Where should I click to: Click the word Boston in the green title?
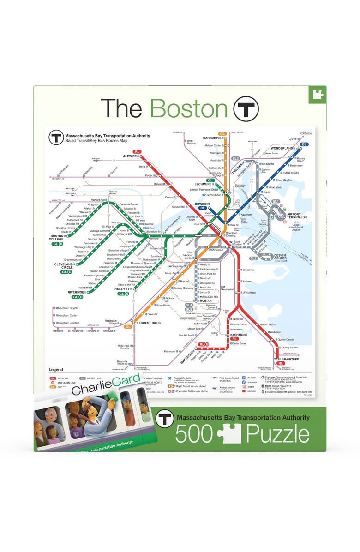click(x=189, y=108)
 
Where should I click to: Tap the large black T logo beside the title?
click(x=246, y=108)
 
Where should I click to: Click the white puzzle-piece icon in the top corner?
click(x=317, y=95)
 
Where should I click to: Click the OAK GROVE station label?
click(x=213, y=138)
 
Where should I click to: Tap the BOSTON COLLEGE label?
click(x=57, y=238)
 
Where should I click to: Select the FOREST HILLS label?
click(x=149, y=323)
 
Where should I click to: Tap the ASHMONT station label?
click(x=240, y=335)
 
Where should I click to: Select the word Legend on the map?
click(x=56, y=370)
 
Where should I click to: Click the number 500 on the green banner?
click(x=194, y=434)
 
